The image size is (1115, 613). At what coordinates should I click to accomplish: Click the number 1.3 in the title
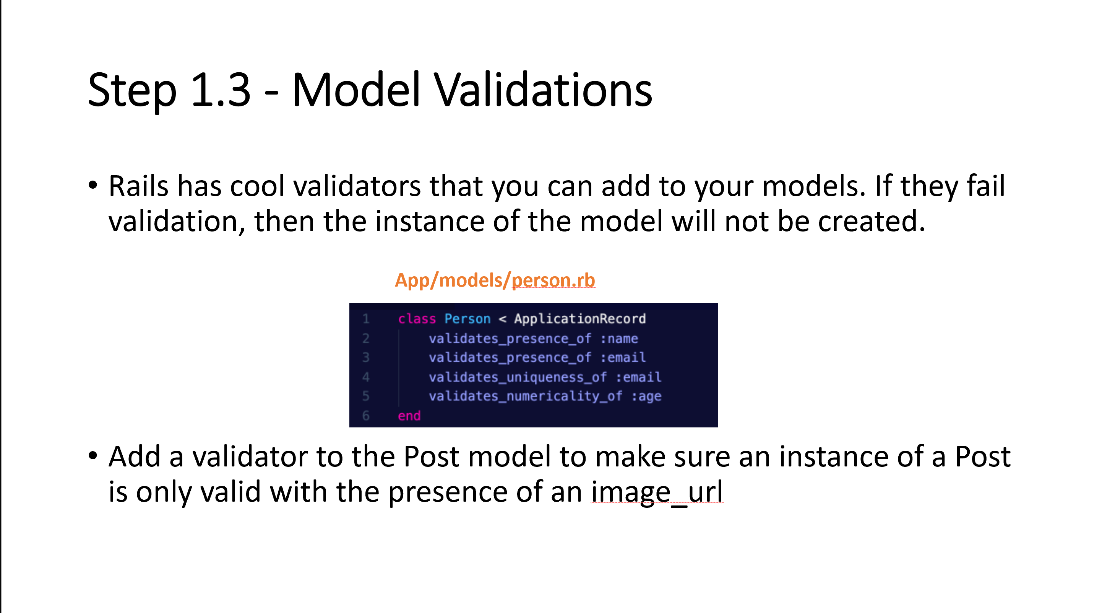pyautogui.click(x=221, y=90)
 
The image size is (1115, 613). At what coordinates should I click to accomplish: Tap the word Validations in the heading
pyautogui.click(x=543, y=90)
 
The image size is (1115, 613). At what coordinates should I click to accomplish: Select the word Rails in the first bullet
pyautogui.click(x=138, y=186)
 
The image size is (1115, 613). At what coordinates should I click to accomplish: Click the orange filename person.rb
pyautogui.click(x=553, y=280)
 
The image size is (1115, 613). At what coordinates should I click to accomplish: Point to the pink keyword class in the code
pyautogui.click(x=417, y=319)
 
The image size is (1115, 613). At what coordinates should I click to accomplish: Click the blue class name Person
pyautogui.click(x=467, y=319)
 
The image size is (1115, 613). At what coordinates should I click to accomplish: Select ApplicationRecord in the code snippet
pyautogui.click(x=580, y=319)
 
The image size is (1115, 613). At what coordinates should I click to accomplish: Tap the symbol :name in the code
pyautogui.click(x=619, y=338)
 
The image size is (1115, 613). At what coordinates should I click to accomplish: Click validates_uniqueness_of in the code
pyautogui.click(x=518, y=377)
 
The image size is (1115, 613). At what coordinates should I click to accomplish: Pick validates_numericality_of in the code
pyautogui.click(x=526, y=396)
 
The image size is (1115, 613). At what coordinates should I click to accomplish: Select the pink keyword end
pyautogui.click(x=409, y=416)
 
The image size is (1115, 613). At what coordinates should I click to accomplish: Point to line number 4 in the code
pyautogui.click(x=366, y=377)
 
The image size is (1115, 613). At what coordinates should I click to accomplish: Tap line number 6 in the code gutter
pyautogui.click(x=366, y=416)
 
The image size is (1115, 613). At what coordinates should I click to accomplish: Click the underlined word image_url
pyautogui.click(x=657, y=492)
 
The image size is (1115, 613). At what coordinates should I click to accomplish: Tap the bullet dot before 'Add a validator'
pyautogui.click(x=93, y=456)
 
